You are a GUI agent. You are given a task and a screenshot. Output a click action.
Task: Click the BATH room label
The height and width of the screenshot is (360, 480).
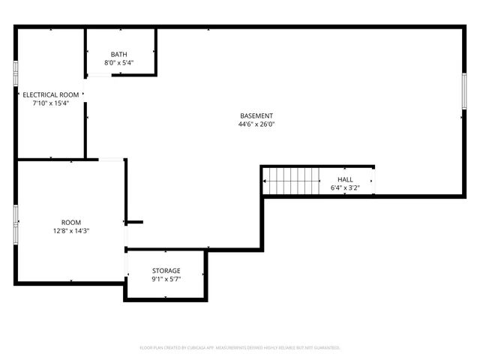pos(119,54)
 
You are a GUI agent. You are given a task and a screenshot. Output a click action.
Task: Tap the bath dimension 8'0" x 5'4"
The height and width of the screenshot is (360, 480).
pos(119,63)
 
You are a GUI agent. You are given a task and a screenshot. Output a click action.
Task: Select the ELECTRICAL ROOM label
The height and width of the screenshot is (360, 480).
pos(50,94)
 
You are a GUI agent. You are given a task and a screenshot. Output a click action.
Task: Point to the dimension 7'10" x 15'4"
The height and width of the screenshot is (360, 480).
pos(50,103)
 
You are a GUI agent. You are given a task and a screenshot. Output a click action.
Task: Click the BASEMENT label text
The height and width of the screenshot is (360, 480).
pos(256,116)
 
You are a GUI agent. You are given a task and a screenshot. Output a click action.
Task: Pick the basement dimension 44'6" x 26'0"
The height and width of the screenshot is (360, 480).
pos(256,125)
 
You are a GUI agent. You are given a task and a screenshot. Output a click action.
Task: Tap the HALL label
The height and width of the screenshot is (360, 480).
pos(345,179)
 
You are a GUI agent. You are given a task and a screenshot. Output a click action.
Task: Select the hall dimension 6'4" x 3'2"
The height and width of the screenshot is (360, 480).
pos(345,188)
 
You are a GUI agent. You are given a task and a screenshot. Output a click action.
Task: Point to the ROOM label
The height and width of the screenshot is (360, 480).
pos(71,223)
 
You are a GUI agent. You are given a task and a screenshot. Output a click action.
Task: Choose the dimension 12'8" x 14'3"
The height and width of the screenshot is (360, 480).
pos(71,232)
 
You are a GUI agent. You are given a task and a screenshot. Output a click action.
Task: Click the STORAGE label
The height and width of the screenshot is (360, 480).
pos(166,270)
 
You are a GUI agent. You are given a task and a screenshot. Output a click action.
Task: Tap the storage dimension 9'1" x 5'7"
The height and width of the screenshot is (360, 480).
pos(166,279)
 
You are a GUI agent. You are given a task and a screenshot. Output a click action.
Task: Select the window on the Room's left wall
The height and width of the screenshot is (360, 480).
pos(15,223)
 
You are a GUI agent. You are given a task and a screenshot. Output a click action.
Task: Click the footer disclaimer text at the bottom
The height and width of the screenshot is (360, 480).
pos(240,348)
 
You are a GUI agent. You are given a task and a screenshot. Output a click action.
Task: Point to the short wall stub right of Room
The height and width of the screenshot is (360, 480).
pos(134,222)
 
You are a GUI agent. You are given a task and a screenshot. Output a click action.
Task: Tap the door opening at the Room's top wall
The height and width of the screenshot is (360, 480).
pos(112,160)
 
